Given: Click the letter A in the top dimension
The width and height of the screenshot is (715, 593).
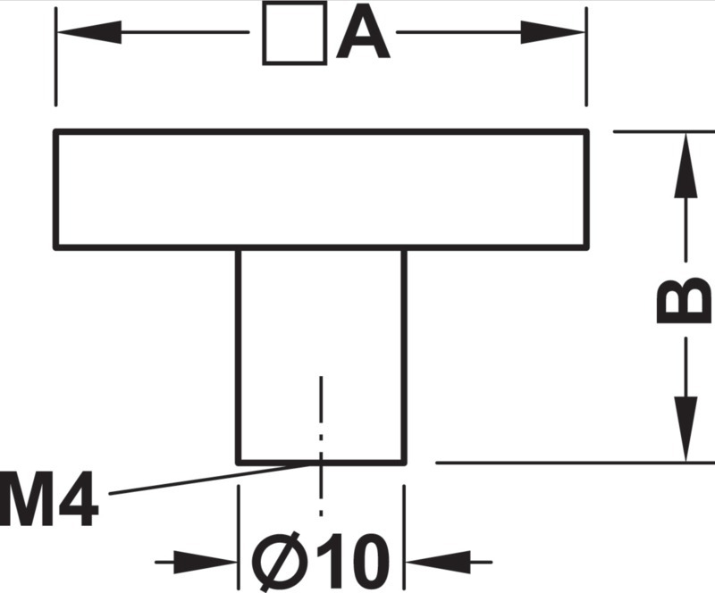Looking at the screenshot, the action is tap(363, 32).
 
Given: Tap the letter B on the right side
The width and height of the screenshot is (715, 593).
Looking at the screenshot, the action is tap(683, 300).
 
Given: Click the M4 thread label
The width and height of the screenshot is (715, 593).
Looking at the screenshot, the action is tap(48, 498).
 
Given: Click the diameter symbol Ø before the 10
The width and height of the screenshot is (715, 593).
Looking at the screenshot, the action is tap(278, 562).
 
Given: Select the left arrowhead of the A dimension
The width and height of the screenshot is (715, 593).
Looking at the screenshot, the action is tap(88, 32).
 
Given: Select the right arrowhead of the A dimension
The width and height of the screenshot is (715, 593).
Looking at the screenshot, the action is tap(552, 32).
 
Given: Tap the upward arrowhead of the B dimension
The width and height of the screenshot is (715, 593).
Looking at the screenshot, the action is tap(686, 165).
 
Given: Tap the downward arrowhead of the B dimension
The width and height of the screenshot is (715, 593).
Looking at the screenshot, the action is tap(686, 429).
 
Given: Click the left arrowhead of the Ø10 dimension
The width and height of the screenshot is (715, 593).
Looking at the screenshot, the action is tap(206, 562).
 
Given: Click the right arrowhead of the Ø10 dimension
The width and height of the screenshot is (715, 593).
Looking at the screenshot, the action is tap(438, 562).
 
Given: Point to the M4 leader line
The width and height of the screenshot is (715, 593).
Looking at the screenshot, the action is tap(210, 479).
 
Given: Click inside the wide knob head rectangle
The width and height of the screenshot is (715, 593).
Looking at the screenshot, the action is tap(322, 189).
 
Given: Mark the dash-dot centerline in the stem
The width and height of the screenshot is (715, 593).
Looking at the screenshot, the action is tap(321, 446).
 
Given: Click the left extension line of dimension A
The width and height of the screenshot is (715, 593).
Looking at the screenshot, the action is tap(55, 57).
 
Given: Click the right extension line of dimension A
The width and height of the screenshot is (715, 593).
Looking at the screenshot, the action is tap(586, 57).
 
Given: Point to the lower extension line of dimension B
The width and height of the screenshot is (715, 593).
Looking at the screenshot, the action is tap(575, 463).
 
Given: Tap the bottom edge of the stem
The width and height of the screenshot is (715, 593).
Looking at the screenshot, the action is tap(321, 464).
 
